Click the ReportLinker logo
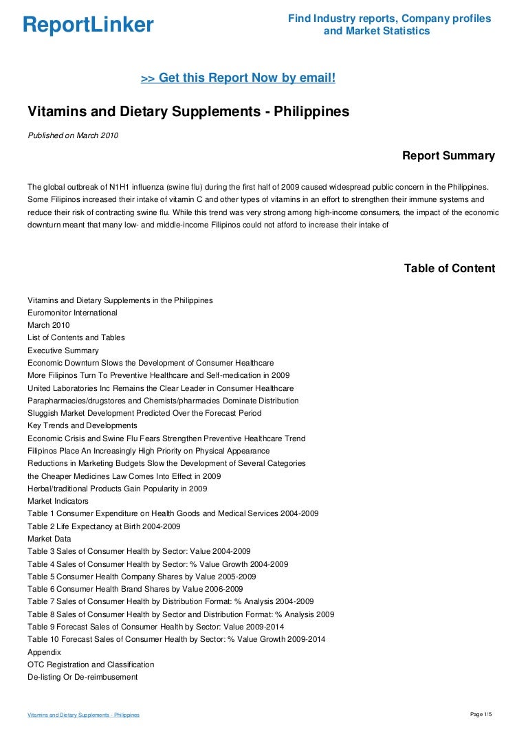tap(88, 25)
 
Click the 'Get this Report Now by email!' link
tap(238, 78)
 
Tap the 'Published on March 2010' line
tap(73, 135)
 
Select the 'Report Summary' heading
tap(448, 156)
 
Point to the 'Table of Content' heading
tap(449, 268)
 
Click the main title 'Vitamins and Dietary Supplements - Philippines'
tap(188, 111)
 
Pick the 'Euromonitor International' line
tap(72, 313)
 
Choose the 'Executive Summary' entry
tap(63, 350)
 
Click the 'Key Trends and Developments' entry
tap(82, 426)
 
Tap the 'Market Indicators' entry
tap(58, 501)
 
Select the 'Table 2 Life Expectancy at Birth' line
tap(104, 526)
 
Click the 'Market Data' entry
tap(49, 539)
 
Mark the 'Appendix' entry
tap(44, 651)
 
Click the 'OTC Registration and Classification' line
tap(91, 665)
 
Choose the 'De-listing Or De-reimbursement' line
tap(82, 677)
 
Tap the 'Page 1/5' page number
tap(481, 715)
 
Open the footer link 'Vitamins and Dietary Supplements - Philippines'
tap(83, 715)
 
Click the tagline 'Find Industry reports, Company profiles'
tap(389, 19)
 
